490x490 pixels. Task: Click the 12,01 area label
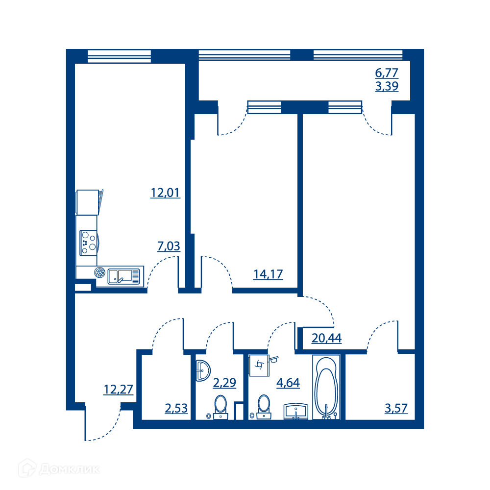(165, 193)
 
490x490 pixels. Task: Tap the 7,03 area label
(169, 246)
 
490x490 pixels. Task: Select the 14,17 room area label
(268, 274)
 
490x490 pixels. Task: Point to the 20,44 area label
(326, 338)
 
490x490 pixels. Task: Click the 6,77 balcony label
(387, 73)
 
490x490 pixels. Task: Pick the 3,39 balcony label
(387, 86)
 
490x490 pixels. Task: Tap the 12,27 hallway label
(119, 390)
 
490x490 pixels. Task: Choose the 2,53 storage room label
(176, 408)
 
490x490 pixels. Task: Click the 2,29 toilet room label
(224, 383)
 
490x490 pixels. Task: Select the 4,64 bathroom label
(288, 383)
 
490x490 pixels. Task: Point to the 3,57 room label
(396, 408)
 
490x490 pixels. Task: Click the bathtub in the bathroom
(326, 387)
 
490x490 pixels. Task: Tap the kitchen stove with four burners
(89, 243)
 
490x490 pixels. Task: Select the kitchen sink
(124, 276)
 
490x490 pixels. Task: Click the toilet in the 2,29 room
(220, 407)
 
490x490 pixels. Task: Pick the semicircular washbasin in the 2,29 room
(203, 370)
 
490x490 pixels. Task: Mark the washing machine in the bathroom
(259, 365)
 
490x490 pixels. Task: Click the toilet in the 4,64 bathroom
(264, 407)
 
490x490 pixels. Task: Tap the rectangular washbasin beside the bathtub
(296, 412)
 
